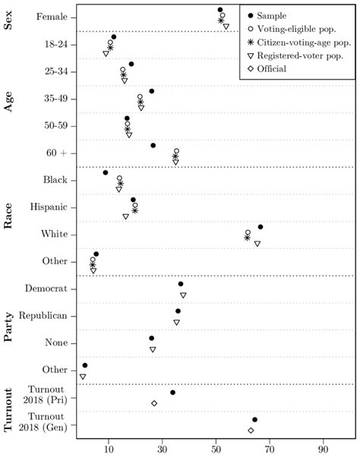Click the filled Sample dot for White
pyautogui.click(x=261, y=226)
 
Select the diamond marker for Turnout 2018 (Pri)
pyautogui.click(x=154, y=403)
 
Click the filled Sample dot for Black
pyautogui.click(x=106, y=172)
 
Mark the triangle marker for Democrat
pyautogui.click(x=183, y=295)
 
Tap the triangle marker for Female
pyautogui.click(x=226, y=27)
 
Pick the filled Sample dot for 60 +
pyautogui.click(x=153, y=145)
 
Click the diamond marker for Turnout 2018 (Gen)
pyautogui.click(x=251, y=431)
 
